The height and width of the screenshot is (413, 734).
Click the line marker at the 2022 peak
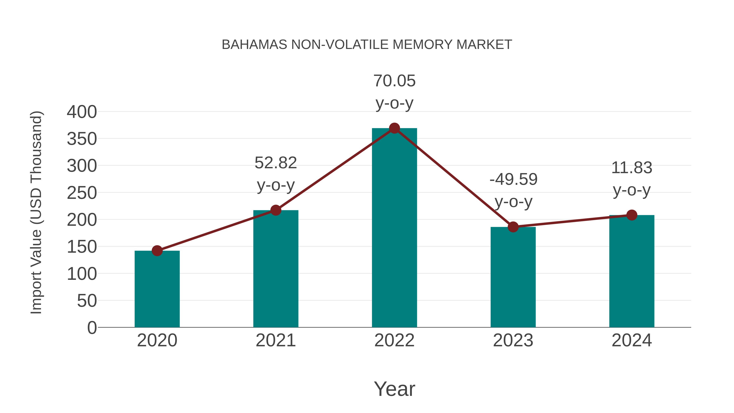[x=394, y=128]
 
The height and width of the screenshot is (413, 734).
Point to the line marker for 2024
[x=632, y=215]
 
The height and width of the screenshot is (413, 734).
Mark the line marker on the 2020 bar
[x=157, y=251]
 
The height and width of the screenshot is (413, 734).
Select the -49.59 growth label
[x=513, y=179]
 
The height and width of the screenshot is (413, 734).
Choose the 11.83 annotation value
[x=632, y=168]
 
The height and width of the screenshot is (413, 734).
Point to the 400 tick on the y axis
[x=82, y=112]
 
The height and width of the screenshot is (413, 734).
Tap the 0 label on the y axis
[x=92, y=328]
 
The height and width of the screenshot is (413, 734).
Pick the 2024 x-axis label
[x=632, y=340]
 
